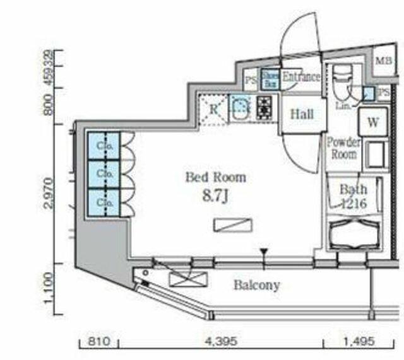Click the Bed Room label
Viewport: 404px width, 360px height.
click(215, 178)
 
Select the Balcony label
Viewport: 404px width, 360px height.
click(256, 285)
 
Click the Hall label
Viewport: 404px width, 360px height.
click(301, 114)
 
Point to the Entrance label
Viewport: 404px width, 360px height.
click(301, 77)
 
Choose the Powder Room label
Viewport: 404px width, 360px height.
click(343, 148)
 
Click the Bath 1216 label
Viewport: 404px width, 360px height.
click(353, 195)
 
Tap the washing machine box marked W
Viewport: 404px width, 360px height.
click(372, 122)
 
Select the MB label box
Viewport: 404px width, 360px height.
click(383, 61)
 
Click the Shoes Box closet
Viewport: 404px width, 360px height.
click(270, 78)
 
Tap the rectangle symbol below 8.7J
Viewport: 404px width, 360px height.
click(233, 226)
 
